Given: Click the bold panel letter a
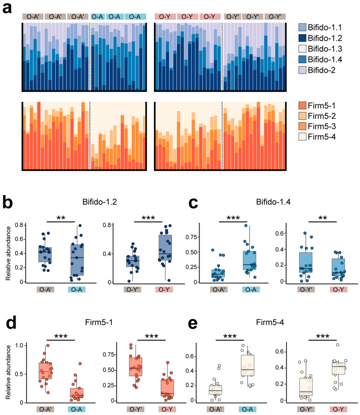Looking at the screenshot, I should pyautogui.click(x=8, y=8).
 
